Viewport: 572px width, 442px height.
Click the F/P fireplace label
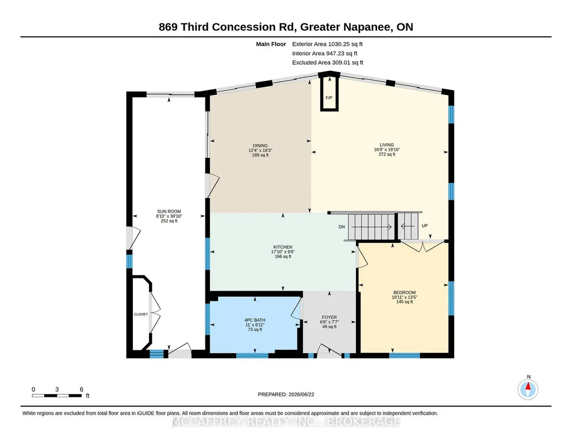click(x=329, y=98)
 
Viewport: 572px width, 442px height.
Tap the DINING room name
click(x=260, y=146)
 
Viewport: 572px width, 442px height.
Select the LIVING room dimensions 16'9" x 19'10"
click(x=387, y=150)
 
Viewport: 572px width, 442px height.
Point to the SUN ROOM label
click(x=169, y=212)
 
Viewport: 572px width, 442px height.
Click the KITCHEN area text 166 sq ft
click(x=283, y=256)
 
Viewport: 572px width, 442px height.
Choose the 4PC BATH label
click(x=254, y=320)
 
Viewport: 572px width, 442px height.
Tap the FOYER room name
click(x=329, y=318)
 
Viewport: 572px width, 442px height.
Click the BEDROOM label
click(x=404, y=292)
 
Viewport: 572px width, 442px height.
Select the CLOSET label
click(x=141, y=314)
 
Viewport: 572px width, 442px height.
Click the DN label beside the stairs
click(x=342, y=227)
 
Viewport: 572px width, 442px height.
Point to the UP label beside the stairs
click(x=425, y=225)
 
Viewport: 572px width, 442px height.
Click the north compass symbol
click(x=528, y=389)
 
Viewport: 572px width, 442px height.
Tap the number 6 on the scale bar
click(x=81, y=390)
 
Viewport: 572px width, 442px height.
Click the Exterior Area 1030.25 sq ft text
click(x=327, y=44)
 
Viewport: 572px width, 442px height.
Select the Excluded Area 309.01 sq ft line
click(x=328, y=63)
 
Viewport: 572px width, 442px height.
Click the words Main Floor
click(x=271, y=44)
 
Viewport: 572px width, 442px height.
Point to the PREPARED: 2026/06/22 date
click(x=286, y=394)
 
